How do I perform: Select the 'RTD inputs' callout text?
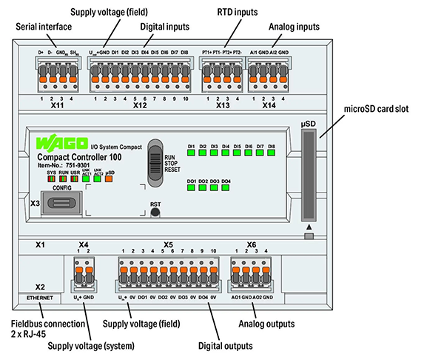(237, 13)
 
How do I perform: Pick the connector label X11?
(53, 106)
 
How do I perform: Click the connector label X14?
(269, 106)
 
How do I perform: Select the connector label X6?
(252, 244)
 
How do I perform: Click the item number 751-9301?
(80, 164)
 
